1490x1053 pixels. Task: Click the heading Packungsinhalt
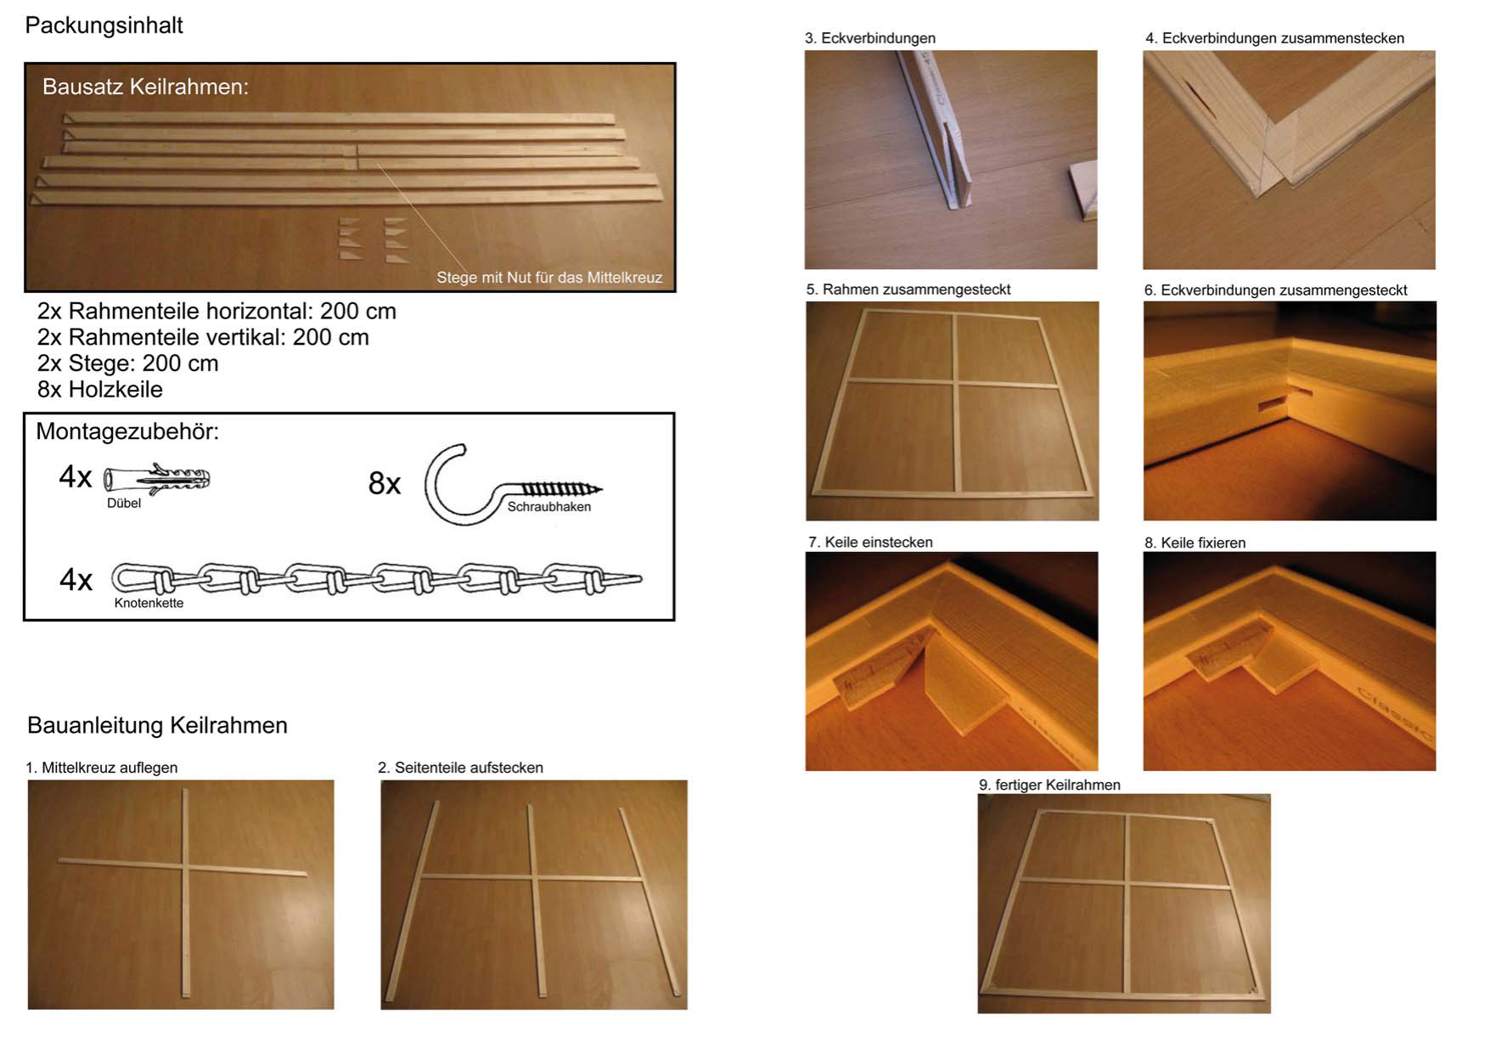pyautogui.click(x=104, y=25)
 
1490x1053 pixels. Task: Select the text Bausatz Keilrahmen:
pyautogui.click(x=145, y=87)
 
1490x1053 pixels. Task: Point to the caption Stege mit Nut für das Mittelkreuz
pyautogui.click(x=549, y=277)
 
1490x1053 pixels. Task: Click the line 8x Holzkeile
pyautogui.click(x=99, y=389)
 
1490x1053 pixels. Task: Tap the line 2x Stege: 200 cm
pyautogui.click(x=127, y=363)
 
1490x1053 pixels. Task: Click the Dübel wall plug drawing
pyautogui.click(x=156, y=479)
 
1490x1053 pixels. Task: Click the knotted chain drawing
pyautogui.click(x=376, y=579)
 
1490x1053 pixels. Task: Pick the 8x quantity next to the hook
pyautogui.click(x=384, y=483)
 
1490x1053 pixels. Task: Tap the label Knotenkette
pyautogui.click(x=149, y=603)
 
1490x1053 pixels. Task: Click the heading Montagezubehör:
pyautogui.click(x=127, y=431)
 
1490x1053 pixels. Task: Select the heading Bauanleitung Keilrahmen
pyautogui.click(x=157, y=725)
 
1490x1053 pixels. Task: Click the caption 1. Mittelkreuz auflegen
pyautogui.click(x=101, y=768)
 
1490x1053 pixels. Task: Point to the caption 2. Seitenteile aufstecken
pyautogui.click(x=460, y=768)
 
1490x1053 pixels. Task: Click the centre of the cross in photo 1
pyautogui.click(x=185, y=867)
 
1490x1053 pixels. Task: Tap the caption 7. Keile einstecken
pyautogui.click(x=870, y=542)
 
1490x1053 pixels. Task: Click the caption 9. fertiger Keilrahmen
pyautogui.click(x=1049, y=785)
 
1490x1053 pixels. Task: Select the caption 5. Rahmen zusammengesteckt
pyautogui.click(x=908, y=290)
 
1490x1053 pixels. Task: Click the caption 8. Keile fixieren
pyautogui.click(x=1195, y=543)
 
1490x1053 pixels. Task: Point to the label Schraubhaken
pyautogui.click(x=549, y=507)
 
